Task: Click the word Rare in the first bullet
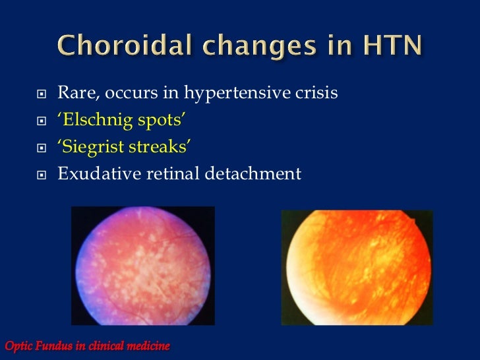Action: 75,94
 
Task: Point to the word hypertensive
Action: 237,94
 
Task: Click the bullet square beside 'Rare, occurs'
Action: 41,95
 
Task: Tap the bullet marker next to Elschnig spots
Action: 41,122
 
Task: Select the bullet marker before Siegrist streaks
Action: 41,148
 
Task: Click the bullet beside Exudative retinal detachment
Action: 41,175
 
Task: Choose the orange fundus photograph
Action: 357,267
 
